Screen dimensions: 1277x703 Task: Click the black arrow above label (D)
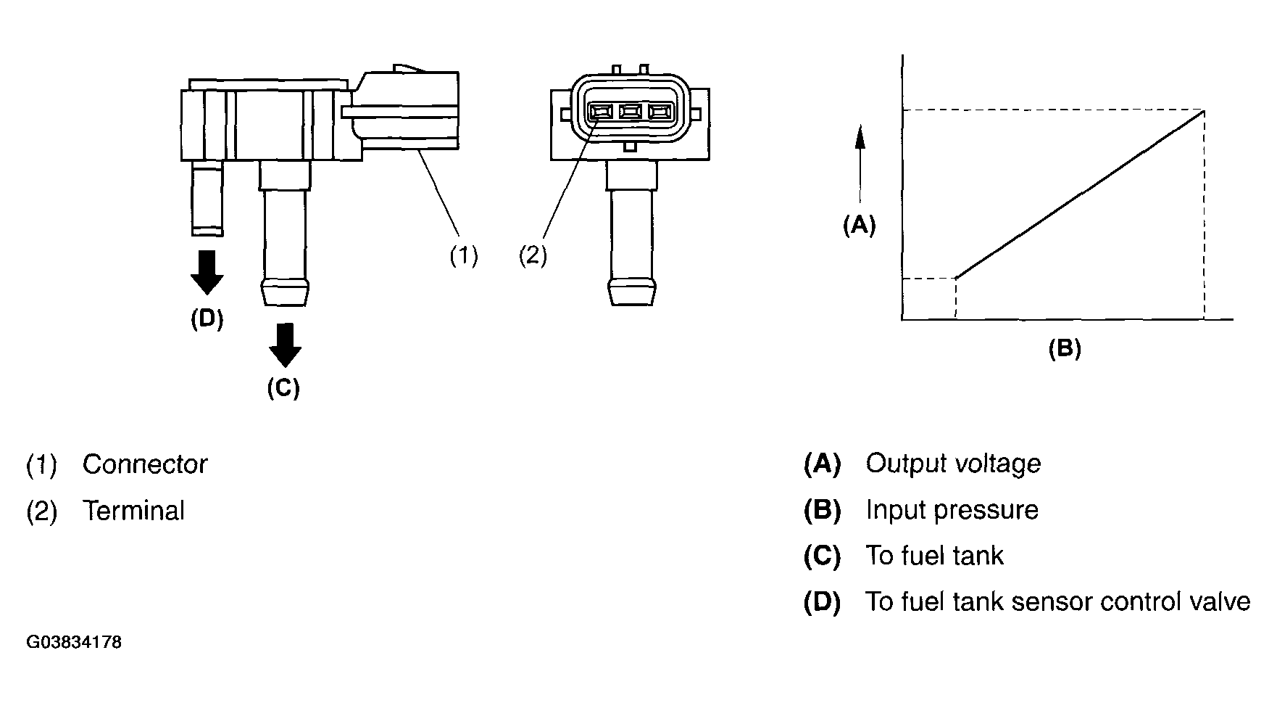207,272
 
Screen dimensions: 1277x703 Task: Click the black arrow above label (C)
285,345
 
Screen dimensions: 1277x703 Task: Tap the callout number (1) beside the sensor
463,255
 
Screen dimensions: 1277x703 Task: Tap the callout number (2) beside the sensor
533,255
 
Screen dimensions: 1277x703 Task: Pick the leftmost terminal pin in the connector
600,112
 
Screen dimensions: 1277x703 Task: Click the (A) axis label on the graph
859,226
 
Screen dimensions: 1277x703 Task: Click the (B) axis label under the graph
1065,349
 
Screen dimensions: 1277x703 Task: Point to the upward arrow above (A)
860,163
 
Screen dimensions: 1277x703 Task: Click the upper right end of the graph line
1204,110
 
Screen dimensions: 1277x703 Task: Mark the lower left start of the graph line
957,279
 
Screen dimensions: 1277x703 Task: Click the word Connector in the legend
145,464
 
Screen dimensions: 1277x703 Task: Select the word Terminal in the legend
133,511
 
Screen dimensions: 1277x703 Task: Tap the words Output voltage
953,464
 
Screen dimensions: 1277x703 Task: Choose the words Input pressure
952,510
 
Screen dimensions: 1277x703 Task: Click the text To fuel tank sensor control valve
1058,602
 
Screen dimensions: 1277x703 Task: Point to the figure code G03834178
74,643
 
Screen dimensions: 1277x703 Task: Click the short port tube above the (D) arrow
207,197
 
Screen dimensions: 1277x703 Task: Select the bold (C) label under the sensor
283,388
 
